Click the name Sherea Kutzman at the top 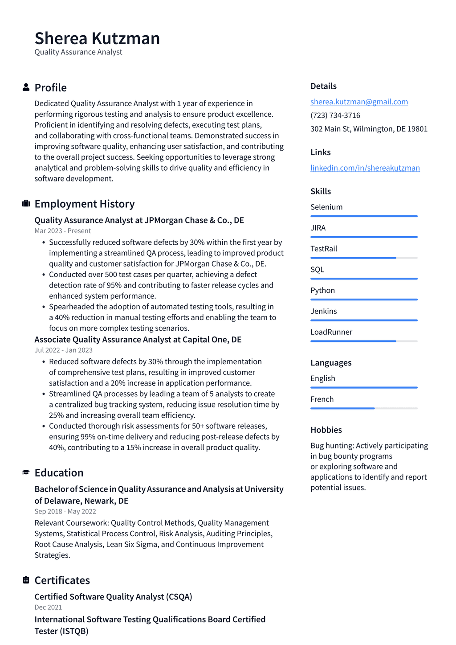(x=97, y=38)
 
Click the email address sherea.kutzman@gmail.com (x=359, y=102)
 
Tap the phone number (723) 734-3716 (x=335, y=115)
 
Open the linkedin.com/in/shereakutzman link (x=365, y=168)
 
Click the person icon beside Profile (x=26, y=87)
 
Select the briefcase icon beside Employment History (x=26, y=204)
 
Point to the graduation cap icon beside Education (x=26, y=472)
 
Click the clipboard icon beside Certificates (x=26, y=580)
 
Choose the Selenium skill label (x=326, y=207)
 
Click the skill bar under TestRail (x=364, y=258)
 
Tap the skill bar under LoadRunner (x=364, y=341)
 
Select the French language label (x=322, y=399)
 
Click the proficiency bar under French (x=364, y=408)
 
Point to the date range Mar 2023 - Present (x=63, y=231)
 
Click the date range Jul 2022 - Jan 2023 (x=64, y=350)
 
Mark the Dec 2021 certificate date (x=48, y=608)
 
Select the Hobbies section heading (x=326, y=430)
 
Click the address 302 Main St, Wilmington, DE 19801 (x=369, y=129)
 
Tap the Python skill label (x=322, y=291)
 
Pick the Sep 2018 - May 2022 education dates (x=65, y=512)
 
